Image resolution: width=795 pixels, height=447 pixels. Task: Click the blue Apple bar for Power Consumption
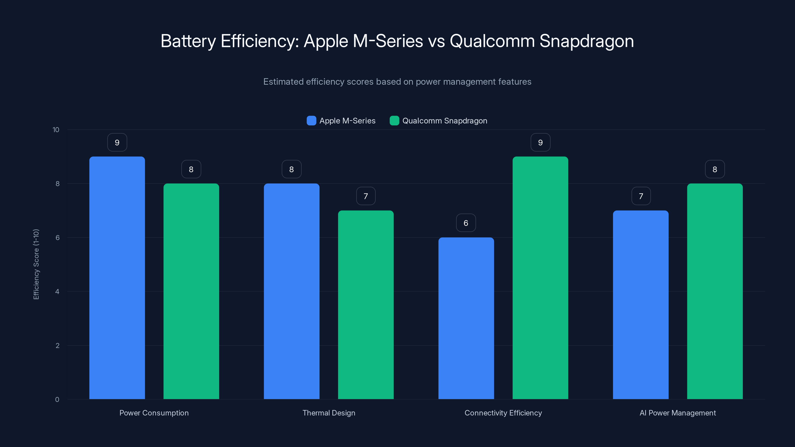tap(117, 278)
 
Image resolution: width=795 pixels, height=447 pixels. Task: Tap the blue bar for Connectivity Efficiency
tap(466, 318)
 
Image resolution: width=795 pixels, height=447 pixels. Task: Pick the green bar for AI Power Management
tap(715, 291)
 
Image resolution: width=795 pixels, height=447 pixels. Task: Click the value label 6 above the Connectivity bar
tap(466, 223)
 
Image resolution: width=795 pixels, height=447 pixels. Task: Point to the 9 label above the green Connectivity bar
tap(540, 143)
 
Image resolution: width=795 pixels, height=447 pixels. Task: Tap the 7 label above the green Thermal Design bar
tap(366, 196)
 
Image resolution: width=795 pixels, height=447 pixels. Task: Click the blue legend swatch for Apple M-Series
tap(311, 121)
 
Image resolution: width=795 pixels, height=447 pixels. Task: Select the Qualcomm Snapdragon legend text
tap(445, 121)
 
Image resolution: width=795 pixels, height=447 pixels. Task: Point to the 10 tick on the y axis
tap(56, 130)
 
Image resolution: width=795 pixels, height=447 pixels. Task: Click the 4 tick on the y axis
tap(57, 292)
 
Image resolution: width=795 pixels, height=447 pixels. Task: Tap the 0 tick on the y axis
tap(57, 400)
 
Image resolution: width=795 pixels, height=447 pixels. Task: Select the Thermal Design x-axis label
tap(329, 413)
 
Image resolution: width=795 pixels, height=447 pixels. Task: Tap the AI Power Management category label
tap(678, 413)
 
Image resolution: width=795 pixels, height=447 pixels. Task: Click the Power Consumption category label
tap(154, 413)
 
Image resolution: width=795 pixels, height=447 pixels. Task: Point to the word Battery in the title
tap(188, 41)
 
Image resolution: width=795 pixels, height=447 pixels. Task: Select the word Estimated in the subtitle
tap(283, 82)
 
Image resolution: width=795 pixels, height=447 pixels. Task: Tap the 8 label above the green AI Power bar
tap(715, 169)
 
